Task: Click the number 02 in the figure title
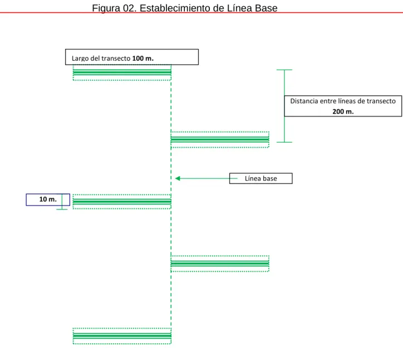click(129, 8)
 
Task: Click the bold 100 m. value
click(143, 59)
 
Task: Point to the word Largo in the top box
click(80, 59)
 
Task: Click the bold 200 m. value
click(343, 111)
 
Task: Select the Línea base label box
click(261, 178)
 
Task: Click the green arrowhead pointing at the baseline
click(178, 178)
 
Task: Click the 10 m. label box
click(48, 200)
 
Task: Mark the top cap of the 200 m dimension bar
click(284, 70)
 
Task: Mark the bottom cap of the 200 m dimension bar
click(284, 142)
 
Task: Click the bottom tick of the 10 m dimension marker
click(62, 210)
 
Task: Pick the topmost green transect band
click(122, 72)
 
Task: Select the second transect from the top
click(220, 140)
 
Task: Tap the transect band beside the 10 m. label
click(122, 202)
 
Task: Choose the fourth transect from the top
click(220, 264)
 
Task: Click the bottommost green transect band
click(122, 336)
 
